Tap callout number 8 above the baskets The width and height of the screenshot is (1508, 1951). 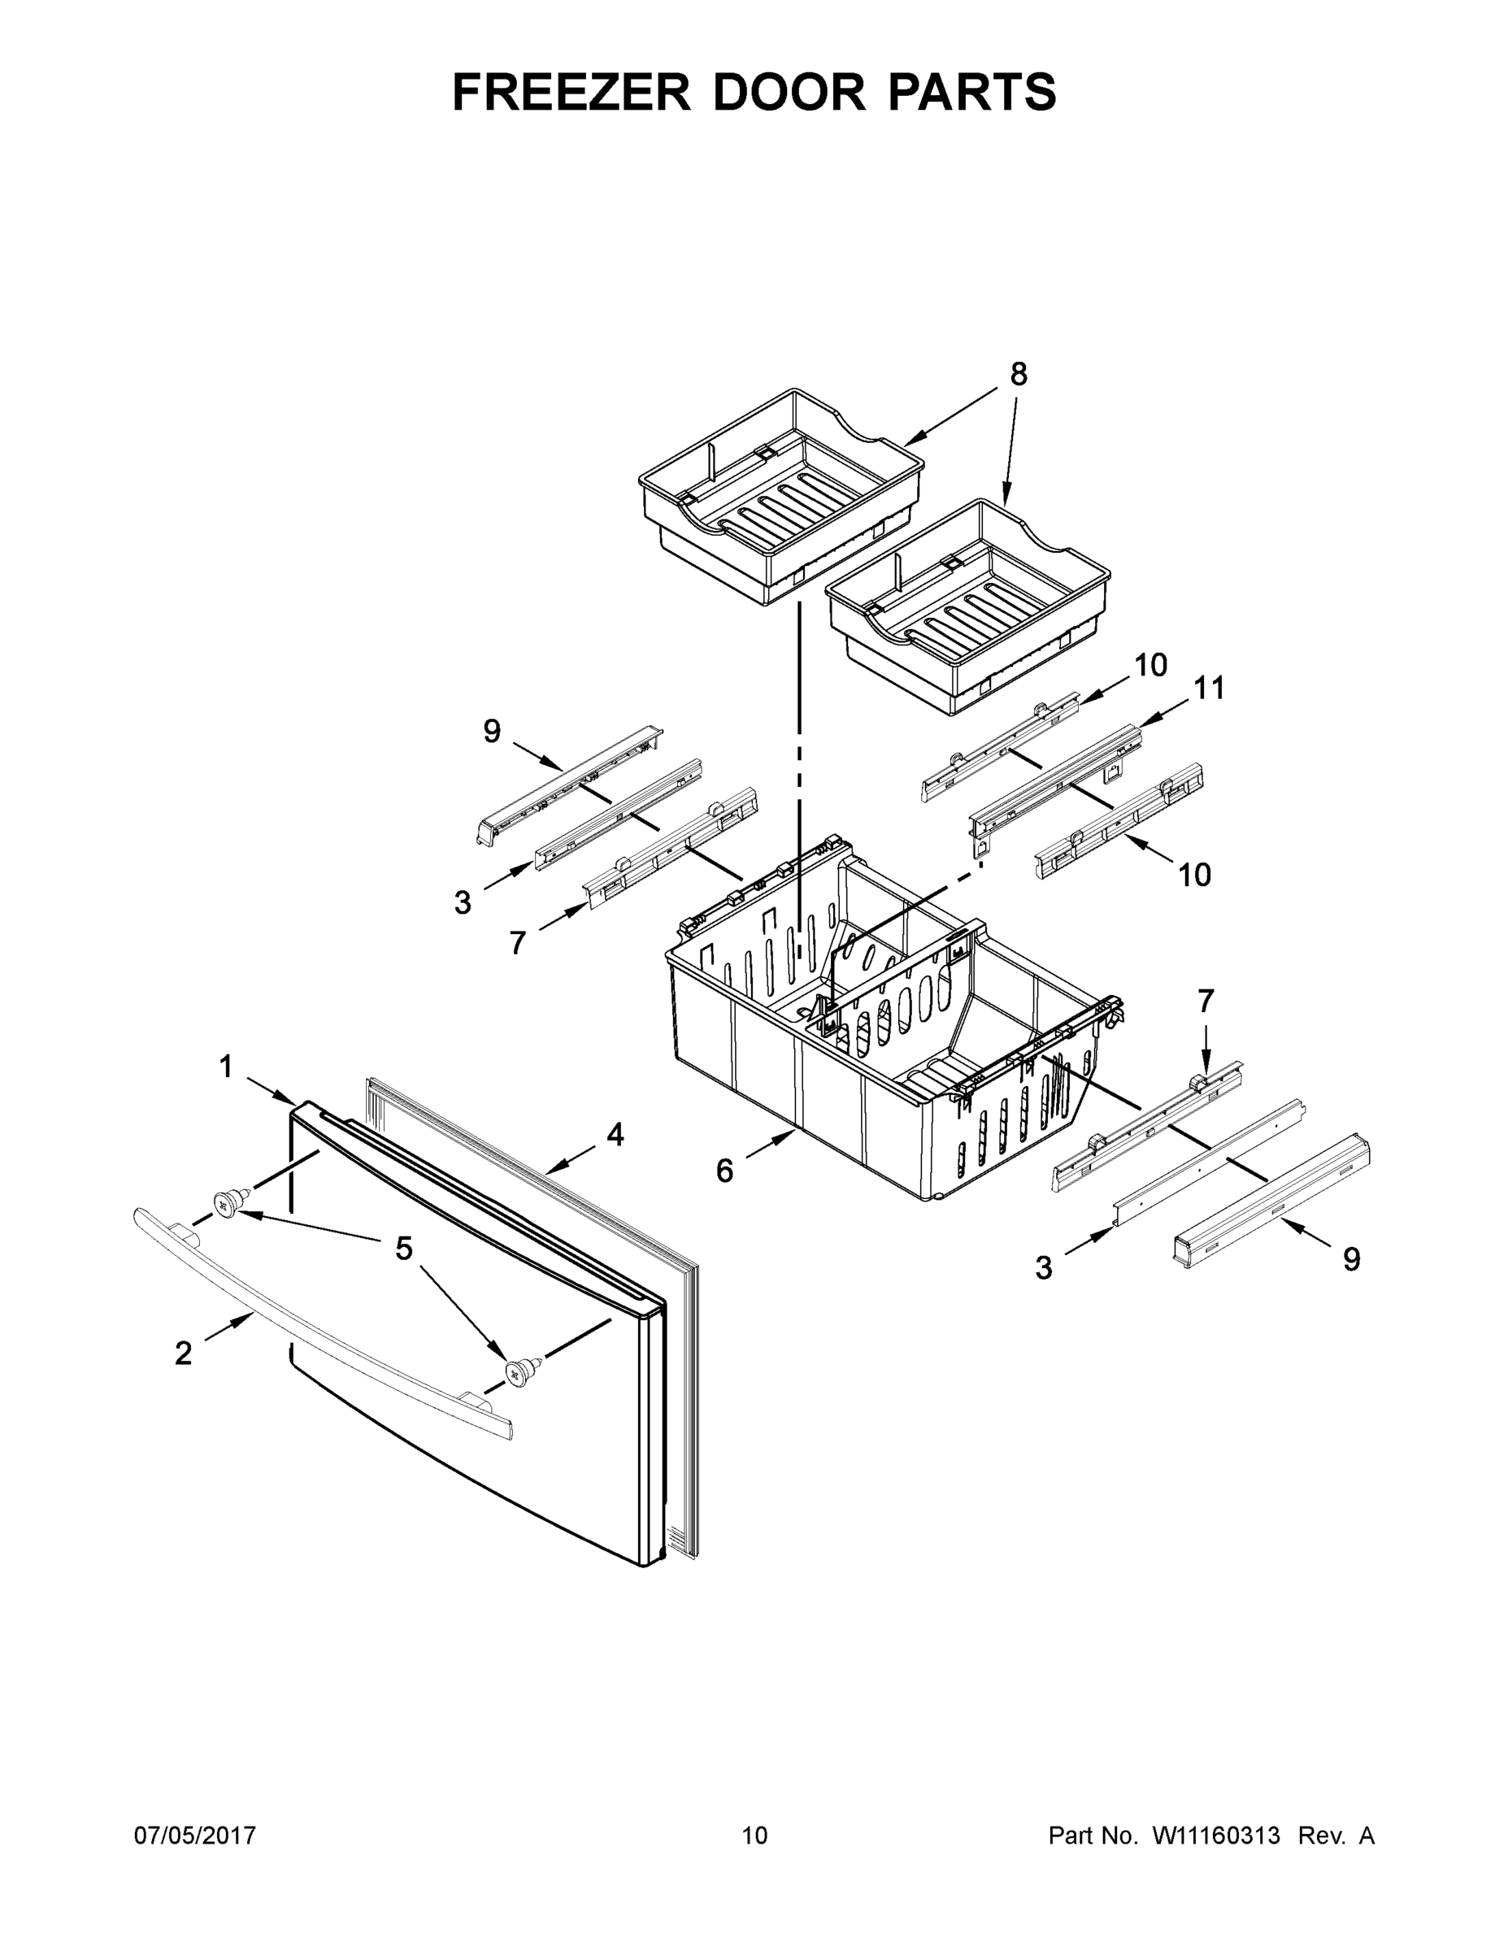coord(1019,374)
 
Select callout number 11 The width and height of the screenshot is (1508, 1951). coord(1209,688)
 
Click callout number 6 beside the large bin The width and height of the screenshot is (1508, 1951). coord(724,1171)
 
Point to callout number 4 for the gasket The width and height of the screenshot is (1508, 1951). coord(615,1136)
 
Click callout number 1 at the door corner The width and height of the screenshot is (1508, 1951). coord(226,1067)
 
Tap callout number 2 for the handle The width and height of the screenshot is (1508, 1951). coord(183,1354)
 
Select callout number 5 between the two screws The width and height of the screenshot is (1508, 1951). coord(404,1249)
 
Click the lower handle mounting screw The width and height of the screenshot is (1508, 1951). coord(519,1371)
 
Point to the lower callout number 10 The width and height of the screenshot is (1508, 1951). coord(1194,875)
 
